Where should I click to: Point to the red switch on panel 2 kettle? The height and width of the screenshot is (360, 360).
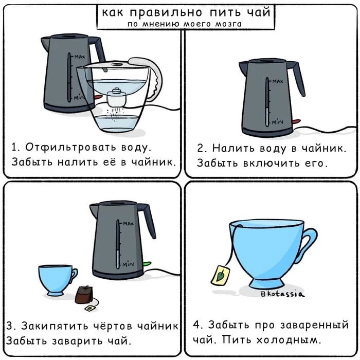pos(297,121)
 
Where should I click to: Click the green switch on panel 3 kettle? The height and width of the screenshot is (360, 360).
pos(147,264)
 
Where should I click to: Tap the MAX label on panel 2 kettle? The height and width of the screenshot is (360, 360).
pos(278,81)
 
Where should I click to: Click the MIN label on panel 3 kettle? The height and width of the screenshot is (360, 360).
pos(128,264)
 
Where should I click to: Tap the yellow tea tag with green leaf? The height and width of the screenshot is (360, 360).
pos(220,276)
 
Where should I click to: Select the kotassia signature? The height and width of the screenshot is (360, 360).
pos(283,294)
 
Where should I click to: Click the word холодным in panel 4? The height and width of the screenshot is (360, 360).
pos(287,340)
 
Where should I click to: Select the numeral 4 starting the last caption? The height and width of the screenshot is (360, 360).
pos(197,325)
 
